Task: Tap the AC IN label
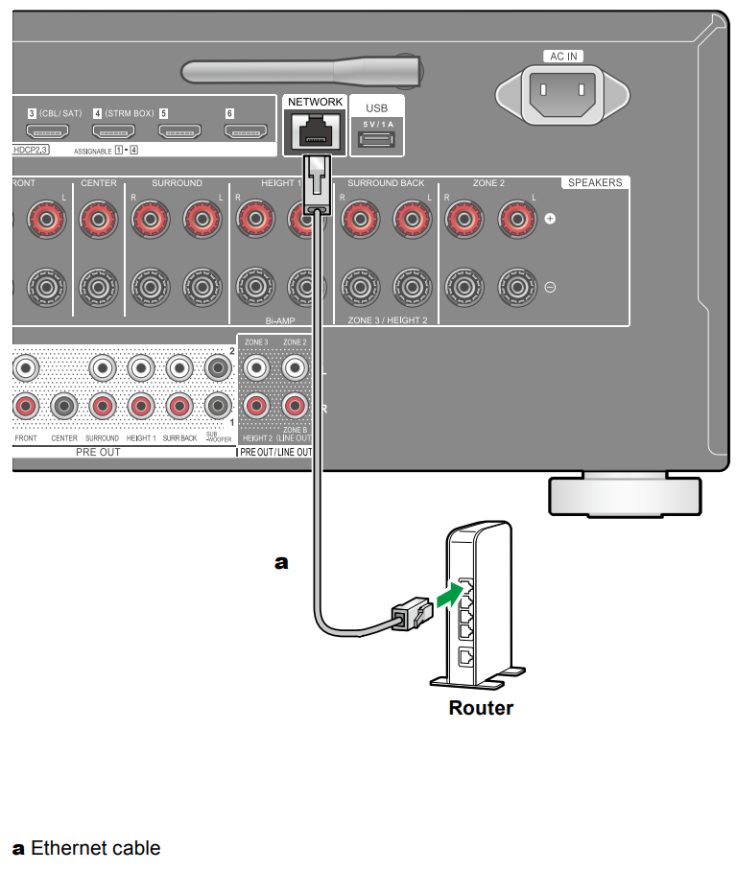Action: tap(563, 57)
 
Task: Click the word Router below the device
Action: tap(481, 709)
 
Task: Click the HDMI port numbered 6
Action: tap(245, 132)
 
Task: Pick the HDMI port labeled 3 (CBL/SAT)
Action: tap(45, 132)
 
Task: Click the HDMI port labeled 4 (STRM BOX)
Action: tap(112, 132)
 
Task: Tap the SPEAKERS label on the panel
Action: tap(594, 182)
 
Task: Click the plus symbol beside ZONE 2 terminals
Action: tap(551, 220)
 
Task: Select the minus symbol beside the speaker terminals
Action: tap(551, 287)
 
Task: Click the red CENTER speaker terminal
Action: tap(98, 219)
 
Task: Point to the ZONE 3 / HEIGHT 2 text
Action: tap(387, 319)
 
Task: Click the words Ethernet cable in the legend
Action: tap(95, 848)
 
